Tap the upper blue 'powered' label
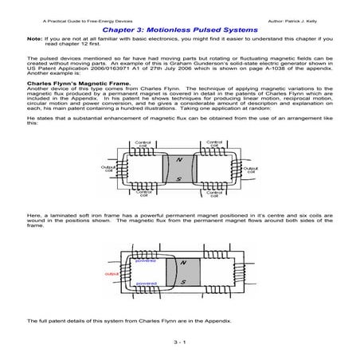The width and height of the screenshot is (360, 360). pyautogui.click(x=146, y=260)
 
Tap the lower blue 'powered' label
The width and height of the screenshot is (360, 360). pyautogui.click(x=146, y=283)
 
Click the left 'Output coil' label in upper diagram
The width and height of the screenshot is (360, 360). pyautogui.click(x=108, y=169)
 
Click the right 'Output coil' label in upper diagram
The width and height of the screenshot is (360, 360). pyautogui.click(x=249, y=169)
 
